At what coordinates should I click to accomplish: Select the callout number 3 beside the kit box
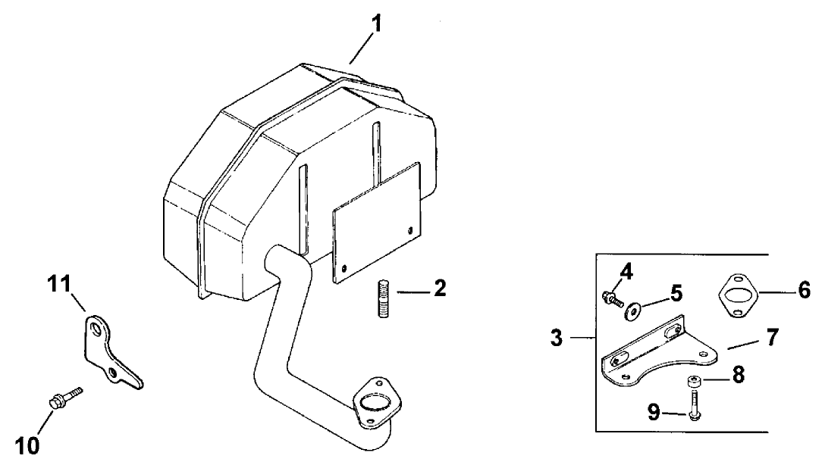[557, 337]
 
